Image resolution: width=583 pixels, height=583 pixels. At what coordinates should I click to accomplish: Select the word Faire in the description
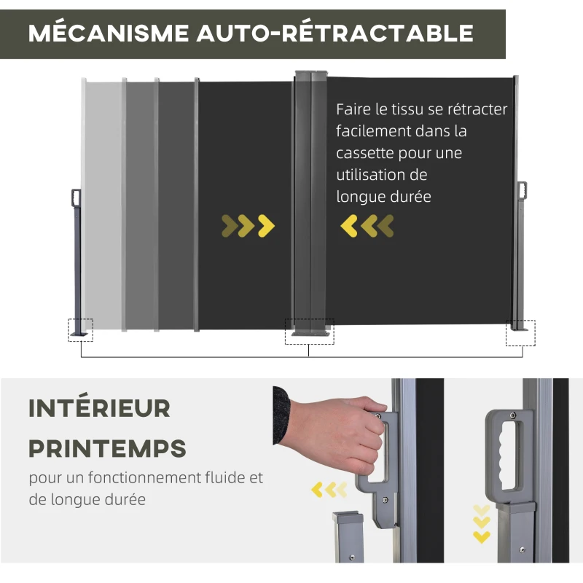352,109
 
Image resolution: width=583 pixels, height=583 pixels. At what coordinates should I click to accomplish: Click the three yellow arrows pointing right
249,226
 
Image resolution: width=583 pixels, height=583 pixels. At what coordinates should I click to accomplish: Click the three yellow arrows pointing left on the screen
367,226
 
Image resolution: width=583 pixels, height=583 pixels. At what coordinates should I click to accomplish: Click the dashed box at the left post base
81,329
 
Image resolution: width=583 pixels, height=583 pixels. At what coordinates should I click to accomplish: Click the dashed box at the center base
309,331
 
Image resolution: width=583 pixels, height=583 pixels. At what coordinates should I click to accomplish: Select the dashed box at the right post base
520,332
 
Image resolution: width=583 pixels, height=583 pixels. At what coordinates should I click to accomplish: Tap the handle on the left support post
75,197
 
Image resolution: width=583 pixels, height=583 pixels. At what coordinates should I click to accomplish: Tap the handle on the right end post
522,189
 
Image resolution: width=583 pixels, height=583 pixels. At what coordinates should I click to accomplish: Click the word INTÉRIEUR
99,408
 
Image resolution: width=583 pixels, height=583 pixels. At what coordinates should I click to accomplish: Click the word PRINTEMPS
107,447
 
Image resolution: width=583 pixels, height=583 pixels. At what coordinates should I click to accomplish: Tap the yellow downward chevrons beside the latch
482,523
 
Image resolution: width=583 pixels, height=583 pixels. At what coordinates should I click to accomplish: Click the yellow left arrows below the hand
329,489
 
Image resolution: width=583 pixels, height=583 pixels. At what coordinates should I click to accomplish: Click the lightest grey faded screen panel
103,204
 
